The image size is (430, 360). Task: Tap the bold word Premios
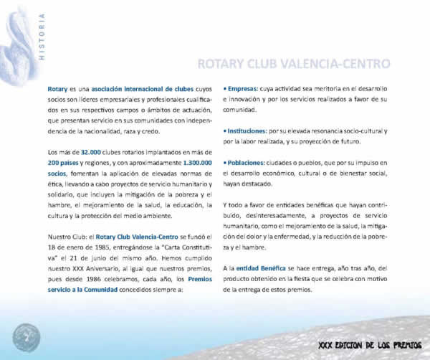click(x=194, y=279)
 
